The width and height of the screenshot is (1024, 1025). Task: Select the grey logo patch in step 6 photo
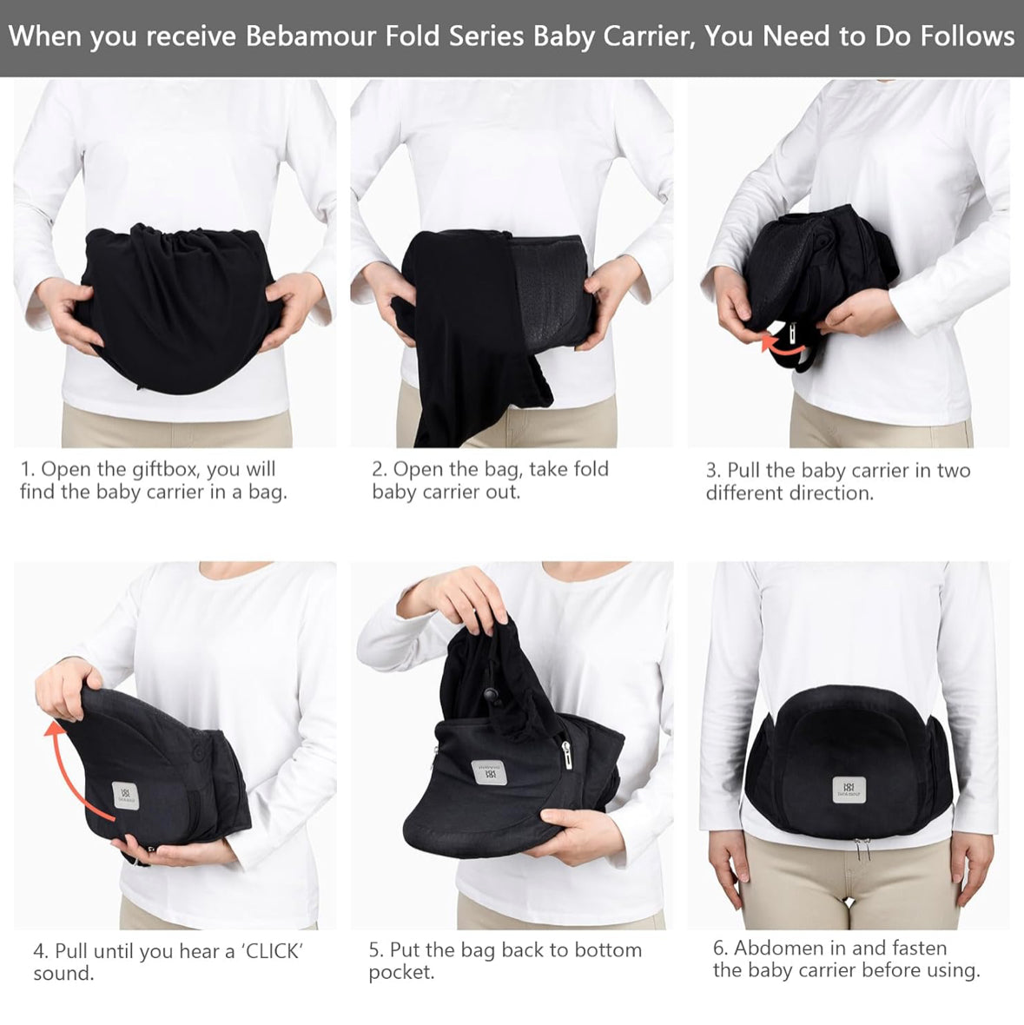pos(849,790)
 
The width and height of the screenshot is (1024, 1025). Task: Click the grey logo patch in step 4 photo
pos(125,796)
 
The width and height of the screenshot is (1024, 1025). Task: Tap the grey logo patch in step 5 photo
pos(489,773)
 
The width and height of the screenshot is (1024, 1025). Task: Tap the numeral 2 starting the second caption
pos(377,469)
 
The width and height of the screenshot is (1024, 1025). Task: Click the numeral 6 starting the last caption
pos(719,948)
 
